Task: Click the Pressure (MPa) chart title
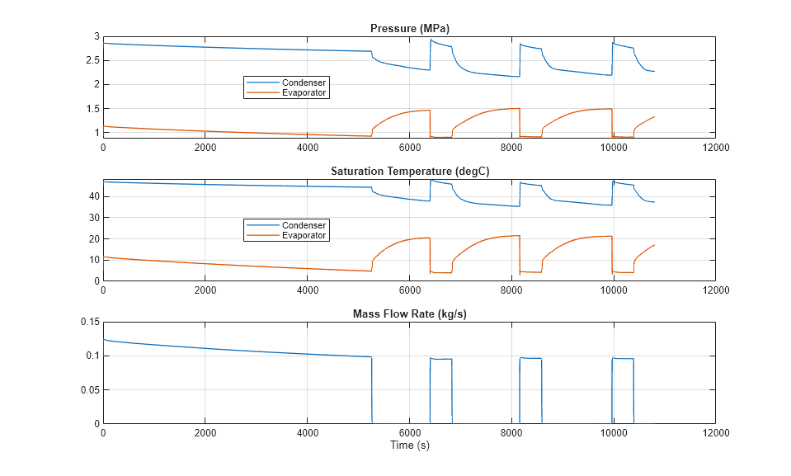coord(408,29)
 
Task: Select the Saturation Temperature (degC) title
coord(408,172)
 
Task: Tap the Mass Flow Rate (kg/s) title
coord(408,313)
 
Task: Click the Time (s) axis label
coord(409,445)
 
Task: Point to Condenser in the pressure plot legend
coord(304,82)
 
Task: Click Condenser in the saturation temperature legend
coord(304,225)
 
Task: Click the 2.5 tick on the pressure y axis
coord(91,60)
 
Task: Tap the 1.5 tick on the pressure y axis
coord(91,109)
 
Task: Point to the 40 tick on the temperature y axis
coord(93,196)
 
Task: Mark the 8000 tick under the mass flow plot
coord(511,432)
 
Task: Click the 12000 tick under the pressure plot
coord(715,147)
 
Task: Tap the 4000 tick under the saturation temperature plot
coord(307,290)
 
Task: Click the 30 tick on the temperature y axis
coord(93,218)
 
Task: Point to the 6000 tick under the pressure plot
coord(409,147)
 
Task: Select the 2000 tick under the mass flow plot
coord(205,432)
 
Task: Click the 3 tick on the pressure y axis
coord(96,36)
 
